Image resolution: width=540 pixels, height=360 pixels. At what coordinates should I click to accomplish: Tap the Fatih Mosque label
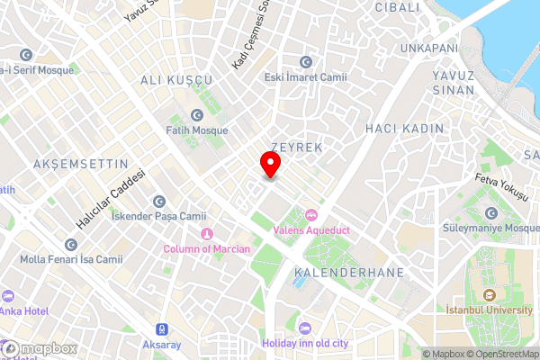click(197, 130)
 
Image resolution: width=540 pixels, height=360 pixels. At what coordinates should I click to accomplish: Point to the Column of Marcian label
click(207, 248)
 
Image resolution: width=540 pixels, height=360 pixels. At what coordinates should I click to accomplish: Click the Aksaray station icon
click(162, 329)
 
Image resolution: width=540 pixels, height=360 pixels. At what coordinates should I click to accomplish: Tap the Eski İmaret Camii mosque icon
click(306, 61)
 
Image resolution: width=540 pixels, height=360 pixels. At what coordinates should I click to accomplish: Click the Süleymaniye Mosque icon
click(491, 213)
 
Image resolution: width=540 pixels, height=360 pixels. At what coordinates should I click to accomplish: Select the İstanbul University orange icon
click(488, 294)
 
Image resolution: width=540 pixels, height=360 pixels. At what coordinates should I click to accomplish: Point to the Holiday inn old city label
click(304, 343)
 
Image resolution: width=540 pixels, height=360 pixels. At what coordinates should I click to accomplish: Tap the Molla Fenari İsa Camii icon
click(71, 245)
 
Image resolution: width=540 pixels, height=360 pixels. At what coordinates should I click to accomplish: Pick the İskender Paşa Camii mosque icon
click(159, 202)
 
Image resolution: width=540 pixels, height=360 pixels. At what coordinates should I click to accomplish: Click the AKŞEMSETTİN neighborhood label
click(68, 164)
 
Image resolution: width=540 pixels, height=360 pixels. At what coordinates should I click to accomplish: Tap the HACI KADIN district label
click(404, 129)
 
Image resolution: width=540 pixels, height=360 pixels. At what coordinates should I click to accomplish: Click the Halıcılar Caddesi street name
click(111, 198)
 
